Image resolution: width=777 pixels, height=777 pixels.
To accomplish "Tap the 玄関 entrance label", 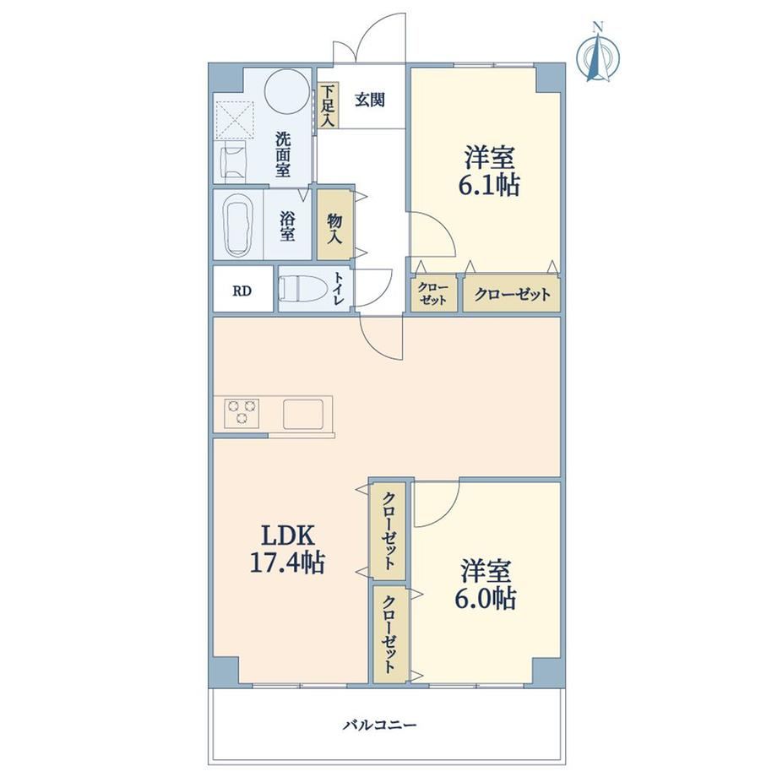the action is [370, 101].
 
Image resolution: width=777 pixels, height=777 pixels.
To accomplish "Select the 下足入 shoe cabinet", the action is [328, 106].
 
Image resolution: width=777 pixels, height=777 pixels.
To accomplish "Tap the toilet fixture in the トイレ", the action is [301, 290].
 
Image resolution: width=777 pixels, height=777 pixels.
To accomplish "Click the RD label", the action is [242, 291].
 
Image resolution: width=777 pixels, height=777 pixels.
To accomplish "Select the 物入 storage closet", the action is [334, 225].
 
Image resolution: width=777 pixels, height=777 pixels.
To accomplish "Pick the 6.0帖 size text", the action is [485, 599].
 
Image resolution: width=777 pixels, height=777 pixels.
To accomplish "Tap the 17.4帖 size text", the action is [287, 563].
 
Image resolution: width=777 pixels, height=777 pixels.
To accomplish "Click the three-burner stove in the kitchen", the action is [242, 412].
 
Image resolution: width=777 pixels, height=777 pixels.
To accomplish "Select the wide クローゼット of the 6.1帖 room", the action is [512, 295].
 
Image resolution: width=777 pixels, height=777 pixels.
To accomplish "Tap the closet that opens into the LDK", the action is [388, 530].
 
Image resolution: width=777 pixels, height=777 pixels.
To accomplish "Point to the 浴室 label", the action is [287, 226].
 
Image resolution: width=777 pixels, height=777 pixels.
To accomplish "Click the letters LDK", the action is [287, 536].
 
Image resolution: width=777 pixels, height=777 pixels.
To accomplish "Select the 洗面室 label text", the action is [284, 155].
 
